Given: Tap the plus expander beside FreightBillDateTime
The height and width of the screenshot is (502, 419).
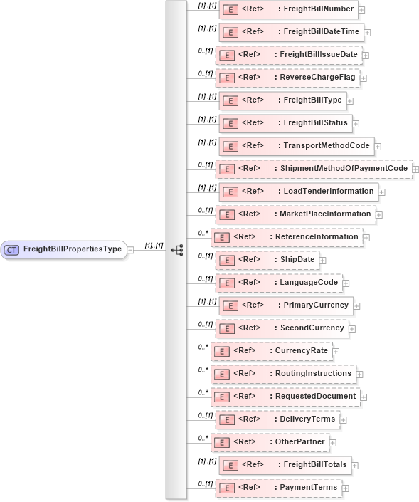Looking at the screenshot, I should pos(367,33).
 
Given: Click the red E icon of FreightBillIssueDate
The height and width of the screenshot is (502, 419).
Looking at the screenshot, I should pos(226,56).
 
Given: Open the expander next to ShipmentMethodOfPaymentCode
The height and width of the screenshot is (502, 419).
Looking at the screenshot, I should pos(415,169).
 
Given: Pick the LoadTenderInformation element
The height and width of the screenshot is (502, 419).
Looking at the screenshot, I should pos(298,192).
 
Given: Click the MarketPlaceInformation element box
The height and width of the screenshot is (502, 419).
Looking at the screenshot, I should pos(295,214).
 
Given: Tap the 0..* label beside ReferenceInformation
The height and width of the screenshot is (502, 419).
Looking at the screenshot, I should pos(203,232).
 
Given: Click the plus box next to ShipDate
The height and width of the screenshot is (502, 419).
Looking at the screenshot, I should pos(323,261).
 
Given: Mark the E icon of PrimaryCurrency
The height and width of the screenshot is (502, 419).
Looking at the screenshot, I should pos(230,306).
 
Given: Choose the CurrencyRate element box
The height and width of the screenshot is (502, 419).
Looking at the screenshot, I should pos(271,351).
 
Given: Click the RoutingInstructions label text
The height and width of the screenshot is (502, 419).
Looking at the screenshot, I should pos(314,374).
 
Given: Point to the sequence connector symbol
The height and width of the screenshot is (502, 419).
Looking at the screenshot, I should pos(177,250).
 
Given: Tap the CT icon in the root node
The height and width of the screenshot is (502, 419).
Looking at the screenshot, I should pos(12,250).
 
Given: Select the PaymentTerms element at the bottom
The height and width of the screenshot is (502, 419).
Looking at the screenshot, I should pos(278,488).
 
